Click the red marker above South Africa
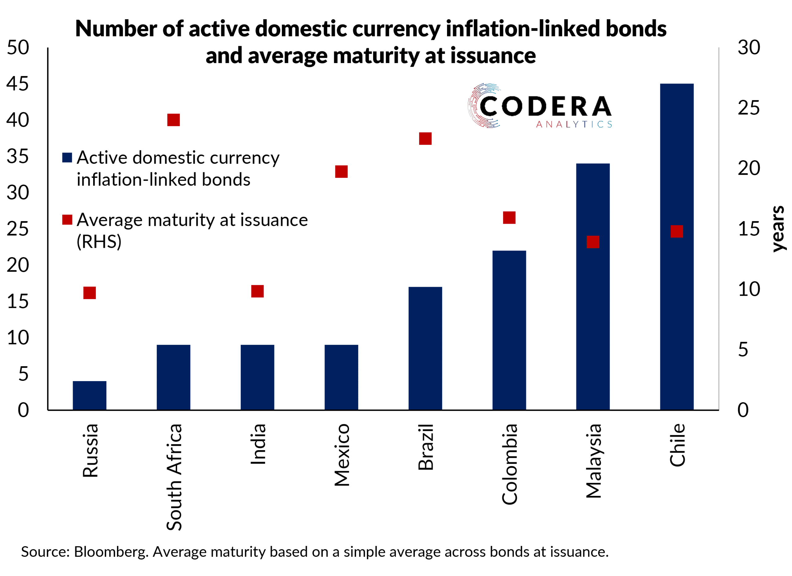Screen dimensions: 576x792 (x=174, y=120)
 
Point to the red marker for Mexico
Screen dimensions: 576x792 (x=341, y=171)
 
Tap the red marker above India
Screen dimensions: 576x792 (x=257, y=291)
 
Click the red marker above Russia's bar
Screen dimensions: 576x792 (x=89, y=293)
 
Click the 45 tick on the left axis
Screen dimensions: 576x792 (x=17, y=84)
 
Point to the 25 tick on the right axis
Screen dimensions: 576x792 (x=749, y=108)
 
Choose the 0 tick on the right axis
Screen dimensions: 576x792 (x=743, y=410)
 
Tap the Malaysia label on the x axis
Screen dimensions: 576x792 (x=593, y=461)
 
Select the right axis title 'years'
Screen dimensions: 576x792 (x=778, y=229)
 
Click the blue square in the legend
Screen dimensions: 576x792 (x=67, y=157)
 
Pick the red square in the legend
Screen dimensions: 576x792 (x=67, y=220)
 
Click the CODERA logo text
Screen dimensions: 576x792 (x=545, y=106)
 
